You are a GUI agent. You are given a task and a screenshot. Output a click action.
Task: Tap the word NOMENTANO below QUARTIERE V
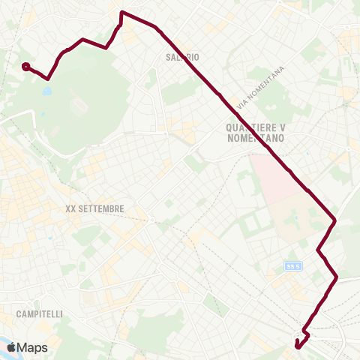256,138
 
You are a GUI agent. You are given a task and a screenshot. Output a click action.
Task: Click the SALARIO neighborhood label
181,57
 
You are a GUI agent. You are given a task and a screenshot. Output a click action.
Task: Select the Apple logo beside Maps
21,347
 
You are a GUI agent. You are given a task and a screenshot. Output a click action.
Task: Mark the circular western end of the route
26,67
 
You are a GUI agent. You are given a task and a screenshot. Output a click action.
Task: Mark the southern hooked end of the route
298,345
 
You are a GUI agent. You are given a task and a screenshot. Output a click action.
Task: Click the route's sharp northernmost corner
121,13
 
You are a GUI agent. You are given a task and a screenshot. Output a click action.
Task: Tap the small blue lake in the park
46,91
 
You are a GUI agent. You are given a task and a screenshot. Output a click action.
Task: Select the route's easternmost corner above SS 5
334,221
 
